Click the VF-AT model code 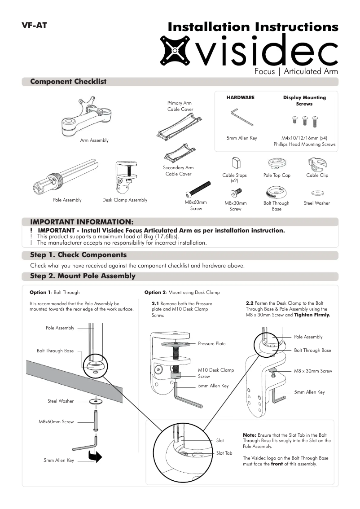pyautogui.click(x=34, y=26)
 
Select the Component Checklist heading pyautogui.click(x=68, y=82)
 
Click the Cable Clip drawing pyautogui.click(x=317, y=163)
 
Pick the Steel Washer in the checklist pyautogui.click(x=317, y=193)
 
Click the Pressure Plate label pyautogui.click(x=212, y=344)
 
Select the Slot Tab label pyautogui.click(x=224, y=453)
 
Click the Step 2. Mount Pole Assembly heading pyautogui.click(x=83, y=276)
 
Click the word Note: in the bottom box pyautogui.click(x=249, y=435)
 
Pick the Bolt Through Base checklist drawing pyautogui.click(x=276, y=192)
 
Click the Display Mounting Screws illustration pyautogui.click(x=305, y=120)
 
